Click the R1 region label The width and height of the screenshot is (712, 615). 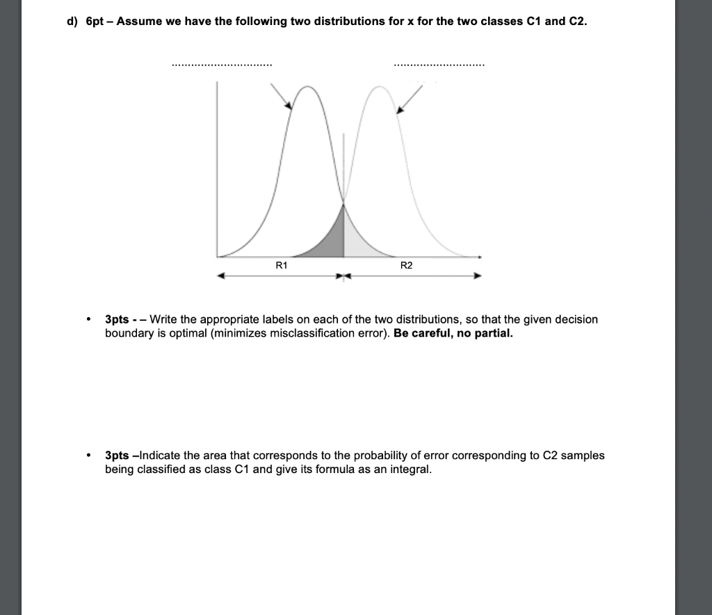click(x=282, y=265)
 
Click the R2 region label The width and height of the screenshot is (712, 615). click(x=407, y=265)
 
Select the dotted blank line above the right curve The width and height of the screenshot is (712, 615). click(x=439, y=65)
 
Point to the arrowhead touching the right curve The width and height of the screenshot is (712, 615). click(x=399, y=110)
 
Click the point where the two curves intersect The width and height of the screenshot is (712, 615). click(x=343, y=203)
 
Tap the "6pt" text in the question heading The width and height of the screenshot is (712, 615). click(x=95, y=21)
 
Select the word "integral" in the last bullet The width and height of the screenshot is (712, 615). click(x=411, y=469)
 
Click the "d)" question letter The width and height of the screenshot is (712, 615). click(x=72, y=21)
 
